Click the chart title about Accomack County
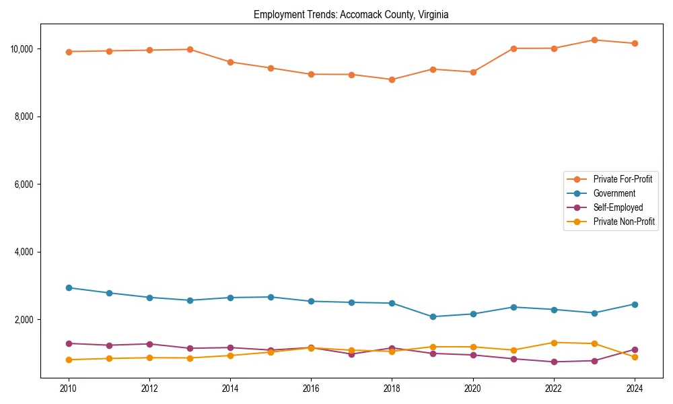point(351,14)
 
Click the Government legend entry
point(614,193)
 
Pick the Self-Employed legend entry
point(618,207)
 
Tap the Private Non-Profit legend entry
point(624,222)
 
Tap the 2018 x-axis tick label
point(392,389)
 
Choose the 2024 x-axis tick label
point(634,389)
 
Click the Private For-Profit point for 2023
point(594,40)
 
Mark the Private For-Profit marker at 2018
point(392,79)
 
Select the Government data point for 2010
point(69,288)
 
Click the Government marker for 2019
point(432,316)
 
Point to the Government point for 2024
point(634,304)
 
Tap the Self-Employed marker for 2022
point(554,362)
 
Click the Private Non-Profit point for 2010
point(69,360)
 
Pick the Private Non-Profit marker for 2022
point(554,343)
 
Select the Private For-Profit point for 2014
point(230,62)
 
